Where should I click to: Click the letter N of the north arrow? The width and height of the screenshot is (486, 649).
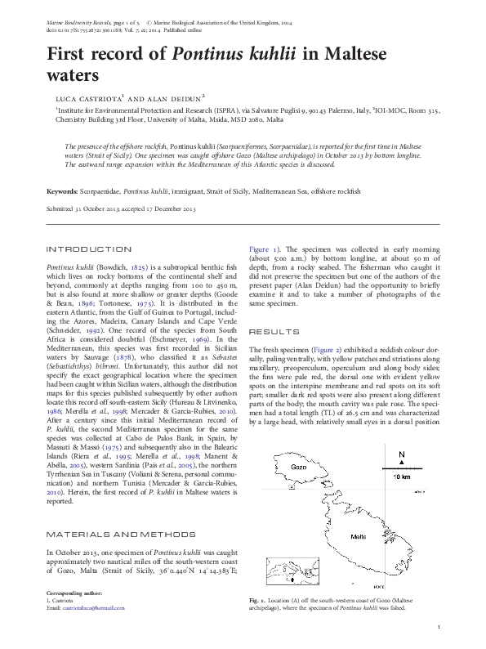[x=401, y=454]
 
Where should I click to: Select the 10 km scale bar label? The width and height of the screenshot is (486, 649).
[x=401, y=476]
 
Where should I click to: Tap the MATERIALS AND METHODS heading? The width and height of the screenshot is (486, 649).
[x=109, y=534]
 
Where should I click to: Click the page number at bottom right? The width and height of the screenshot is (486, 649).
[x=439, y=627]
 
